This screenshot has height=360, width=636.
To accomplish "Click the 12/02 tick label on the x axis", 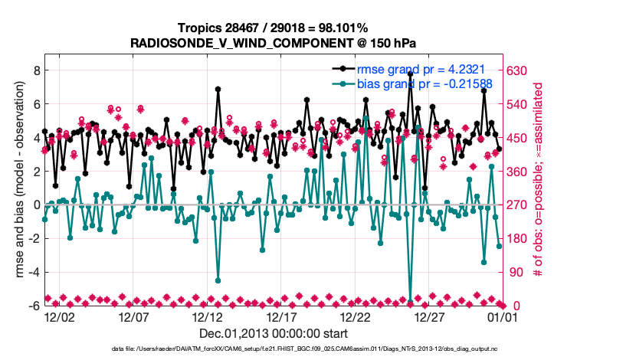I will (x=60, y=316).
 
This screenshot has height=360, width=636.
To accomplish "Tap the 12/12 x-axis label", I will (x=208, y=316).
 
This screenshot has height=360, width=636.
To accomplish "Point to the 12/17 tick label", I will (x=282, y=316).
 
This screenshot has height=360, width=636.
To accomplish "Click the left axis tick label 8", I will (x=36, y=70).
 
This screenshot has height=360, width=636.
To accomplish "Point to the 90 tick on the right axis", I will (x=514, y=272).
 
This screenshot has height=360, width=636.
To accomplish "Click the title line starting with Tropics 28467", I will (x=274, y=28).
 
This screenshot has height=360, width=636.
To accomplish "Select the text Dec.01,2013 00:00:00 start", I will (x=274, y=333).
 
